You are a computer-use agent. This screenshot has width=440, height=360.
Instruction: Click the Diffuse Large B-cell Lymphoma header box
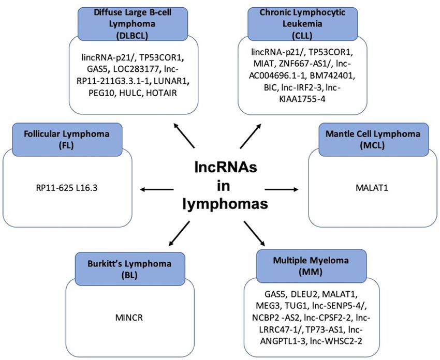click(x=133, y=24)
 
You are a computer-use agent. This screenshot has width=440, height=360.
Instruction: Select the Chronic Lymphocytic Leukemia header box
click(x=302, y=24)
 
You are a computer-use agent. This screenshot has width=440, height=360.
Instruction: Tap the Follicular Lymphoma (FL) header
click(x=67, y=139)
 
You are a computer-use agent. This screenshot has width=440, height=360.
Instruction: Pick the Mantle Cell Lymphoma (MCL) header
click(x=374, y=139)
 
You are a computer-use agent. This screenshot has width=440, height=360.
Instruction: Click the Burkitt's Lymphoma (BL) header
click(x=130, y=269)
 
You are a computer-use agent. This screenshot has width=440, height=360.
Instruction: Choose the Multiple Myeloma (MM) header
click(x=312, y=266)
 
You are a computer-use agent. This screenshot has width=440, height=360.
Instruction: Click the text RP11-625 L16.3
click(x=67, y=188)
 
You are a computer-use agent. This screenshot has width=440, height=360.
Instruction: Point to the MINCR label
click(x=129, y=318)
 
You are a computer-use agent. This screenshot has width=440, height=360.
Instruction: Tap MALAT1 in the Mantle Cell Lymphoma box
click(x=372, y=188)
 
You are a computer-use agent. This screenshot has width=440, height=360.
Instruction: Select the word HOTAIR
click(x=162, y=93)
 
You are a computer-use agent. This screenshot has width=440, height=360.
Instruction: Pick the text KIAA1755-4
click(x=302, y=99)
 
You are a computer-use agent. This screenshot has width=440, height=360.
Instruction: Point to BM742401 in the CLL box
click(x=332, y=76)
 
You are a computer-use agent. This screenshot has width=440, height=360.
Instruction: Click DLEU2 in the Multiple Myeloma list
click(x=304, y=294)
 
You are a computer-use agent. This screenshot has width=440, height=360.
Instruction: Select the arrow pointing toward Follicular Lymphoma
click(x=156, y=189)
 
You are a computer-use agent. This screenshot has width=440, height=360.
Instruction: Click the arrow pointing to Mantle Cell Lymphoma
click(x=282, y=189)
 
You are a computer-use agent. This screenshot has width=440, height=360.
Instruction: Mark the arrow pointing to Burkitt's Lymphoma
click(x=179, y=234)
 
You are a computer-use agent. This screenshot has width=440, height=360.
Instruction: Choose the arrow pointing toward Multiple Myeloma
click(x=254, y=234)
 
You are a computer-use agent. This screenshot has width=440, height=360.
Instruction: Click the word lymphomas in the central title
click(x=225, y=204)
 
